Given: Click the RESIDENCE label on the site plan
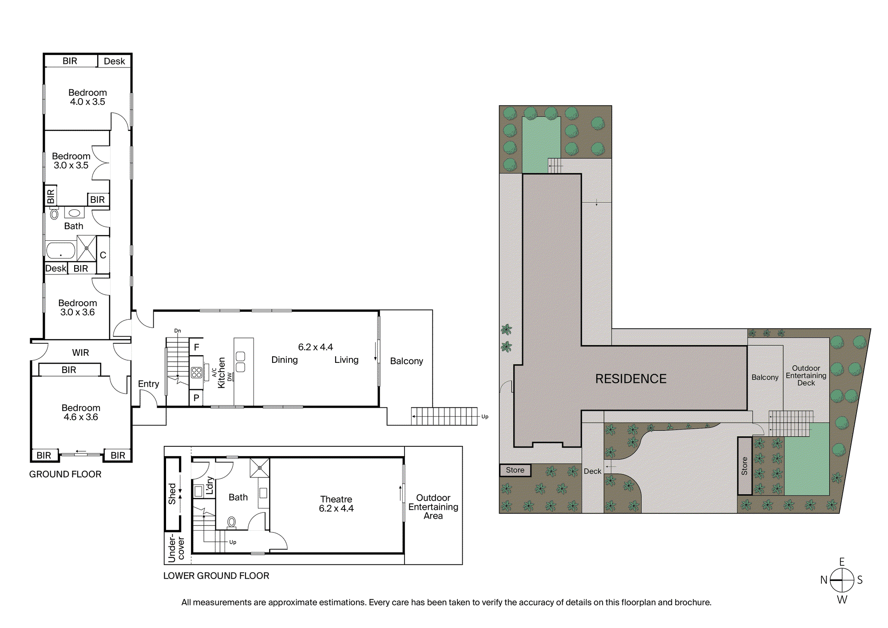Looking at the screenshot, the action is (630, 379).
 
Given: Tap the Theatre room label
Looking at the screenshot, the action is (336, 499).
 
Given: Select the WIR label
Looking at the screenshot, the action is (80, 353).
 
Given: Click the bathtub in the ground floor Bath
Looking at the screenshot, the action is (60, 250).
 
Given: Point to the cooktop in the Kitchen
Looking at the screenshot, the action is (196, 372).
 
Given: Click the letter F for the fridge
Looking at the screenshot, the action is (196, 347).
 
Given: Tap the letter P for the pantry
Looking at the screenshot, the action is (196, 398).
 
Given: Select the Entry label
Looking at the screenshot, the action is (148, 384).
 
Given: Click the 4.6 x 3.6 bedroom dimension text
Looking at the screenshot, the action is (81, 417).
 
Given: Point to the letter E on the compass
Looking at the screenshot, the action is (842, 562).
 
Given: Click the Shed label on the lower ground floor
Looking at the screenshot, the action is (172, 494).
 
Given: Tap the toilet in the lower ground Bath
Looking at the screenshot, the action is (231, 522).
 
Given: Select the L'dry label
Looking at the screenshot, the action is (210, 486).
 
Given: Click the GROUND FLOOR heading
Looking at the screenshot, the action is (65, 474).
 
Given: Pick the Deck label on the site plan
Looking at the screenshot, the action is (592, 471).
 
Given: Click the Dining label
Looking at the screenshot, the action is (285, 360).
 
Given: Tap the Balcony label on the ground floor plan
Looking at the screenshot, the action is (406, 361).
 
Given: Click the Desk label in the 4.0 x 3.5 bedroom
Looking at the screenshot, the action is (114, 61).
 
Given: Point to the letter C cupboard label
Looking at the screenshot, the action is (103, 255).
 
